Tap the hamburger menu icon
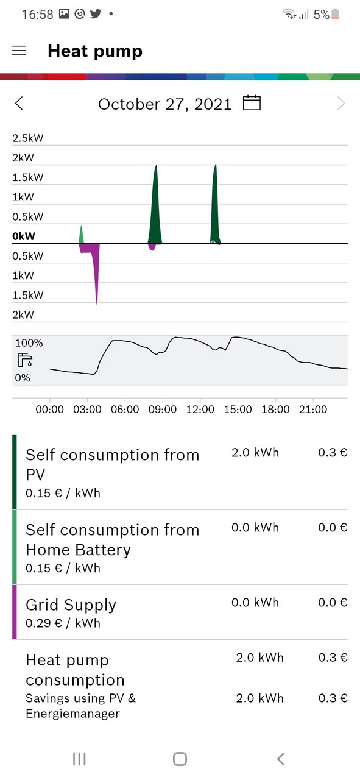coord(19,51)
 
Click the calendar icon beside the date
coord(252,103)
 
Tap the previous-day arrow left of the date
coord(19,103)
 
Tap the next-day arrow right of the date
coord(341,103)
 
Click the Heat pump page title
coord(95,51)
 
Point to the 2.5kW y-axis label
coord(27,138)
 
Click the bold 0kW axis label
coord(24,236)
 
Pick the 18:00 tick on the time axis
coord(275,409)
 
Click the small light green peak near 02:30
coord(81,235)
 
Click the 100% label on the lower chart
coord(29,343)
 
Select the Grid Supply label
coord(71,605)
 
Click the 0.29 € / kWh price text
coord(63,623)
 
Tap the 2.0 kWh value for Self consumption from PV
coord(255,452)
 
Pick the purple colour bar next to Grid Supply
coord(15,612)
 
